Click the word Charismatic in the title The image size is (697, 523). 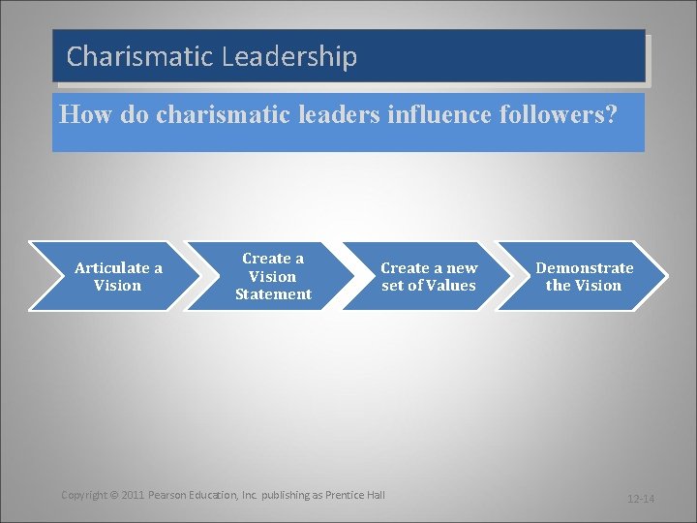(x=139, y=57)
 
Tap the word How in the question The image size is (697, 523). (x=81, y=114)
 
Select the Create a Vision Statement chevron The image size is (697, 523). (x=272, y=276)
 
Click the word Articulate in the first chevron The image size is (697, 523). (x=111, y=268)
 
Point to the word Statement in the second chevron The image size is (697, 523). (x=273, y=294)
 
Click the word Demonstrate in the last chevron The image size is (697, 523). (x=585, y=268)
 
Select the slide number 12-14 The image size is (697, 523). (x=641, y=499)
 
